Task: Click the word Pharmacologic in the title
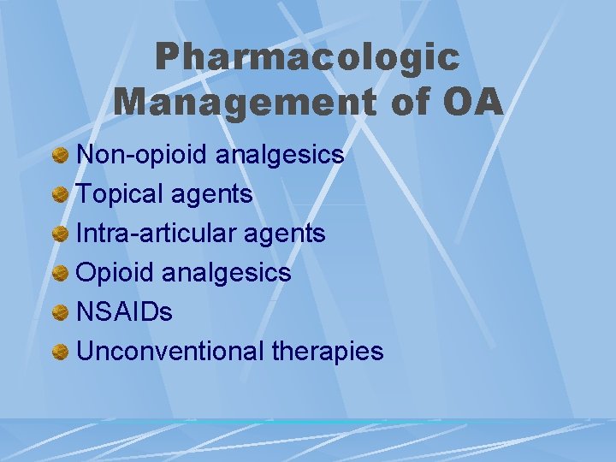click(307, 57)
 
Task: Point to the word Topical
click(121, 194)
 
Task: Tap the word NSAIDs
click(124, 311)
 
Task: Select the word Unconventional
click(170, 351)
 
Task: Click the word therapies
click(328, 351)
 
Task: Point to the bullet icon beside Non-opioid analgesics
click(60, 156)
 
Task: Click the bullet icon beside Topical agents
click(60, 195)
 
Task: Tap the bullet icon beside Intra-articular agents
click(60, 234)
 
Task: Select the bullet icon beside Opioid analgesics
click(60, 273)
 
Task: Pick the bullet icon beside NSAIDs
click(60, 312)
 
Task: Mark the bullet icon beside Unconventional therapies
click(60, 352)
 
